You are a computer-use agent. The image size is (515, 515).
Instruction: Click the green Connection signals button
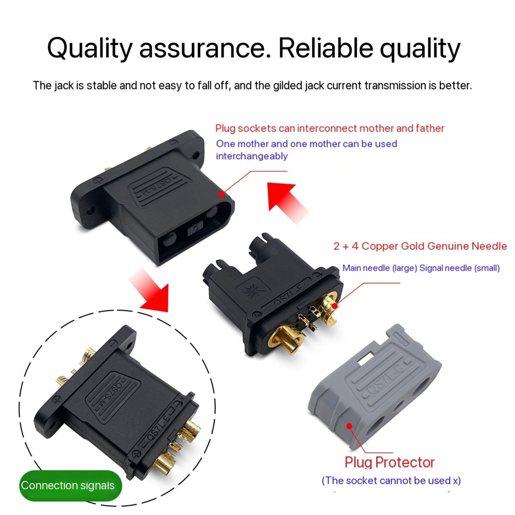(x=70, y=486)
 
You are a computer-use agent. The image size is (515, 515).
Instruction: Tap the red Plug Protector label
(x=389, y=462)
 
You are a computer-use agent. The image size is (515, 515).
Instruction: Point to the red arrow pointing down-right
(x=149, y=289)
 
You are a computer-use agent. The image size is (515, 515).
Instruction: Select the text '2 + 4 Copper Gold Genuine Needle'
(x=420, y=246)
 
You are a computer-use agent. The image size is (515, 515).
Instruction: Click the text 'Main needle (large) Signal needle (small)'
(x=421, y=268)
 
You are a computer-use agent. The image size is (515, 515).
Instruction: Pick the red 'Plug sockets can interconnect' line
(x=330, y=128)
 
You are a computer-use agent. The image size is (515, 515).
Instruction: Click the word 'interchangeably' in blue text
(x=252, y=156)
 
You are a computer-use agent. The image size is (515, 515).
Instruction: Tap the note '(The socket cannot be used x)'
(x=391, y=480)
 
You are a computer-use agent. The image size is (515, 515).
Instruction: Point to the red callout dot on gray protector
(x=350, y=426)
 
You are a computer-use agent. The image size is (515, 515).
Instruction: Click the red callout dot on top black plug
(x=221, y=195)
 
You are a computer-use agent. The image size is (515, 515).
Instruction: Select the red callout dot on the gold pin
(x=334, y=306)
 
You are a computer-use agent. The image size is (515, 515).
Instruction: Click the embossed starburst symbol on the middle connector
(x=252, y=290)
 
